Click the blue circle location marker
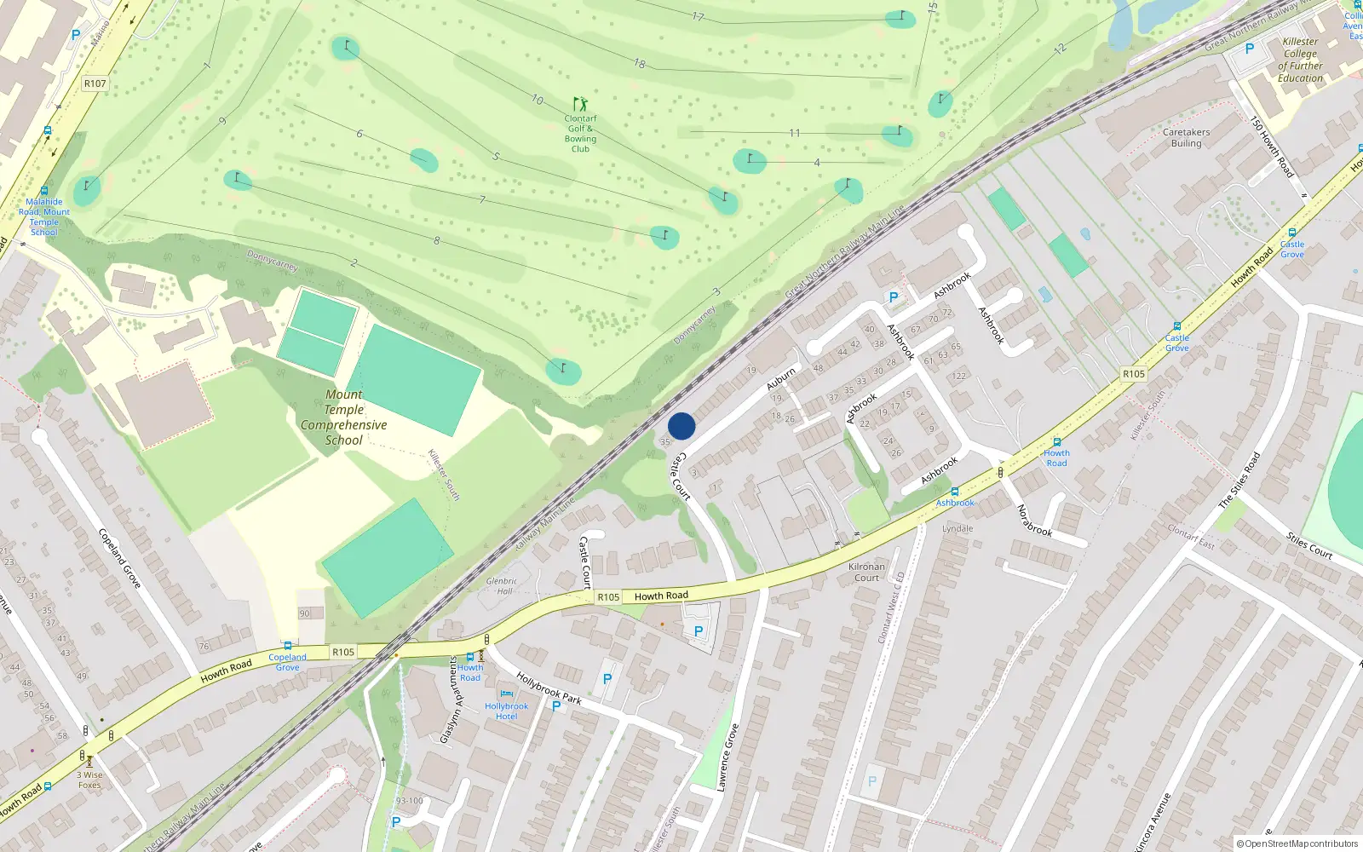[681, 426]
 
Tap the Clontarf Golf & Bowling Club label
[580, 134]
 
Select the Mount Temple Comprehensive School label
[343, 417]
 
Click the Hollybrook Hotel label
[507, 711]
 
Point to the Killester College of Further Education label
[1300, 60]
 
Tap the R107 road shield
[95, 83]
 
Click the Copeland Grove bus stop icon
[288, 647]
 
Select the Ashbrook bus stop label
[955, 503]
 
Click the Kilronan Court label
[866, 572]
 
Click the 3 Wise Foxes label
[89, 780]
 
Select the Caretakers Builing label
[1186, 138]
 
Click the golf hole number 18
[640, 63]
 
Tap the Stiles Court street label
[1309, 545]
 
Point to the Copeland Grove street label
[119, 558]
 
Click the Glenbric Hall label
[502, 586]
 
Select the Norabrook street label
[1034, 521]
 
